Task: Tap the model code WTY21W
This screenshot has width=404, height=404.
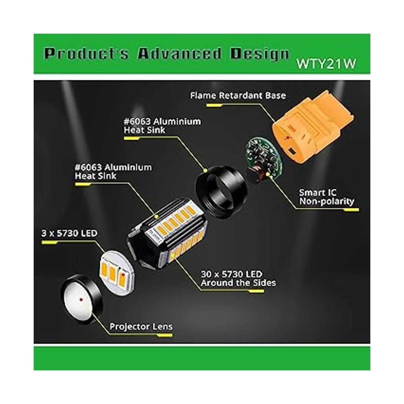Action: tap(326, 64)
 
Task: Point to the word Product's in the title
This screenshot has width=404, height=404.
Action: tap(86, 54)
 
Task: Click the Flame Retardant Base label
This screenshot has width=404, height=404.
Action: tap(238, 95)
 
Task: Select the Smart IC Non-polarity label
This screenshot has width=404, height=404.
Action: tap(327, 197)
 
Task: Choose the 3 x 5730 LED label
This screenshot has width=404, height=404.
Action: tap(69, 233)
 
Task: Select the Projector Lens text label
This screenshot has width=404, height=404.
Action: tap(141, 327)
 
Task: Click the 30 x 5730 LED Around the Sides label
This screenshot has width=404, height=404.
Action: tap(238, 279)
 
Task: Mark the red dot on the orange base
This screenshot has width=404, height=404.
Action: tap(287, 138)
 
